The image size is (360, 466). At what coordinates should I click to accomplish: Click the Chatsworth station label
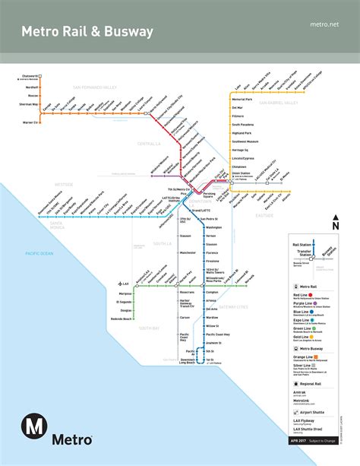click(x=27, y=76)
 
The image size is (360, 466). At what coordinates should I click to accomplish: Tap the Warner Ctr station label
click(x=29, y=122)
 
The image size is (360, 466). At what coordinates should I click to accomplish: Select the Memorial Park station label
click(x=242, y=100)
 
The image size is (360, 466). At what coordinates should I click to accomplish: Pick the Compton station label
click(x=212, y=291)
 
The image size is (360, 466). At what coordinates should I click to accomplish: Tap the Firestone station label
click(x=213, y=260)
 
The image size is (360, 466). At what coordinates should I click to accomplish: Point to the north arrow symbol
click(x=335, y=223)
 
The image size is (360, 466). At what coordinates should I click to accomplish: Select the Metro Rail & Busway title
click(x=87, y=32)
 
